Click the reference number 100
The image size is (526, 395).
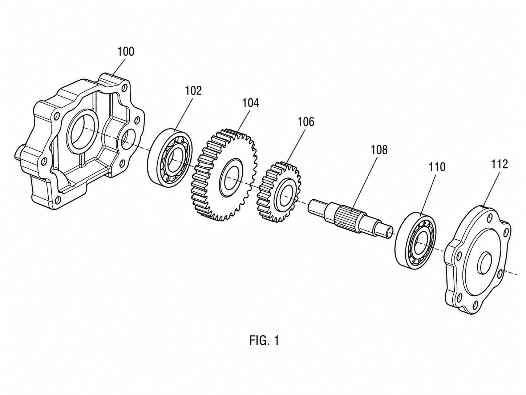(126, 52)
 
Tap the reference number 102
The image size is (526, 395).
(193, 91)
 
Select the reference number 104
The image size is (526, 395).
(251, 103)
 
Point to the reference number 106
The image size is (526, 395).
(306, 122)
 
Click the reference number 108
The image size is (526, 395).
(379, 150)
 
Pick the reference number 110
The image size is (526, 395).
(437, 167)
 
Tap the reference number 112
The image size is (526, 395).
(499, 164)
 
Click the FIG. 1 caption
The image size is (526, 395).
(264, 340)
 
